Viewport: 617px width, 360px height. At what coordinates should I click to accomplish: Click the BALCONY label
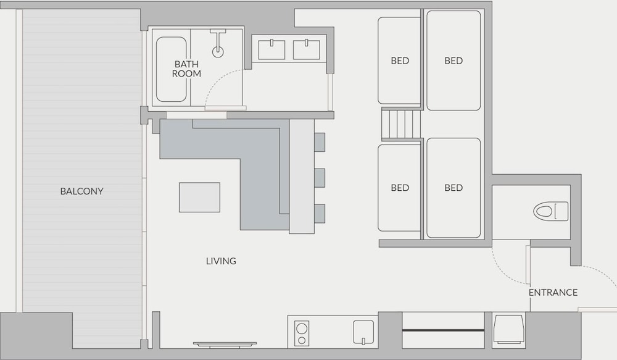[x=81, y=191]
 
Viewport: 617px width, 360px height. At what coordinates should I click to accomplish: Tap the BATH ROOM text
[x=186, y=69]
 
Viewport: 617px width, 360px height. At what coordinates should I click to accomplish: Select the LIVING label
[x=221, y=261]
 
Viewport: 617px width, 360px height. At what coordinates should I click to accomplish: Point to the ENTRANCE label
[x=553, y=293]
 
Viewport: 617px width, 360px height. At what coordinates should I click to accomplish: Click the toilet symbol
[x=551, y=212]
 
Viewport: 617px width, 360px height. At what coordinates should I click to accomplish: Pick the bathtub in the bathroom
[x=171, y=69]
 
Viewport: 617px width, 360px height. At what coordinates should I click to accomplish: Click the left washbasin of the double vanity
[x=271, y=50]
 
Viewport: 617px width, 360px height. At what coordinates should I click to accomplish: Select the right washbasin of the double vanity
[x=307, y=50]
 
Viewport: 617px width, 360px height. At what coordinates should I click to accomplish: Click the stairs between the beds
[x=401, y=124]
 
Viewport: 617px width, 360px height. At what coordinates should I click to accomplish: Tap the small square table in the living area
[x=199, y=198]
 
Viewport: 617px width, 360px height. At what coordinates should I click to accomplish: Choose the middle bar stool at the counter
[x=320, y=178]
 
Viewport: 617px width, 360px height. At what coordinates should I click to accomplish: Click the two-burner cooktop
[x=302, y=333]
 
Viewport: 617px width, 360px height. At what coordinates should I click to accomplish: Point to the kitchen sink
[x=363, y=332]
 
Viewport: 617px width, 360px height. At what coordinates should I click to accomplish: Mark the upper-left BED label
[x=400, y=61]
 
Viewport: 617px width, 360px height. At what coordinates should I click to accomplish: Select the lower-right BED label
[x=453, y=188]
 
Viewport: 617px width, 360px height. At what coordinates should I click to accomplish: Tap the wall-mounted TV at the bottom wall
[x=225, y=345]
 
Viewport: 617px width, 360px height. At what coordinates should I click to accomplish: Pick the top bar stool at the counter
[x=320, y=142]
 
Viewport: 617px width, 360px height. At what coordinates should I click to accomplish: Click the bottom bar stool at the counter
[x=320, y=214]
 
